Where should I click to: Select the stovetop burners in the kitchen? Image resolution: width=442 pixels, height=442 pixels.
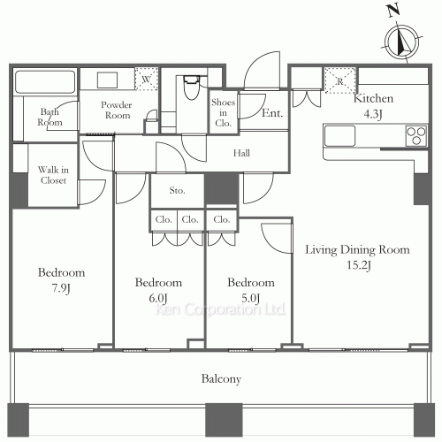click(x=415, y=136)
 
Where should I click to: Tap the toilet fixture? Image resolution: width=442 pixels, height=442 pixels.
click(x=189, y=89)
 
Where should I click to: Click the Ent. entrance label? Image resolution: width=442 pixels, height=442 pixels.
click(x=271, y=113)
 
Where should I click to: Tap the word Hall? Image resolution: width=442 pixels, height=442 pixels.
click(x=241, y=153)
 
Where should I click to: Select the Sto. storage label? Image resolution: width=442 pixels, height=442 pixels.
click(x=177, y=189)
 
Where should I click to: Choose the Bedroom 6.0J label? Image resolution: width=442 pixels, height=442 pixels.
click(x=158, y=290)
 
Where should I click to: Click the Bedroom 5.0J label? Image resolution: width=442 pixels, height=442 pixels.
click(x=250, y=290)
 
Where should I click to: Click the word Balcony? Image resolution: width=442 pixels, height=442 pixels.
click(x=220, y=379)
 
